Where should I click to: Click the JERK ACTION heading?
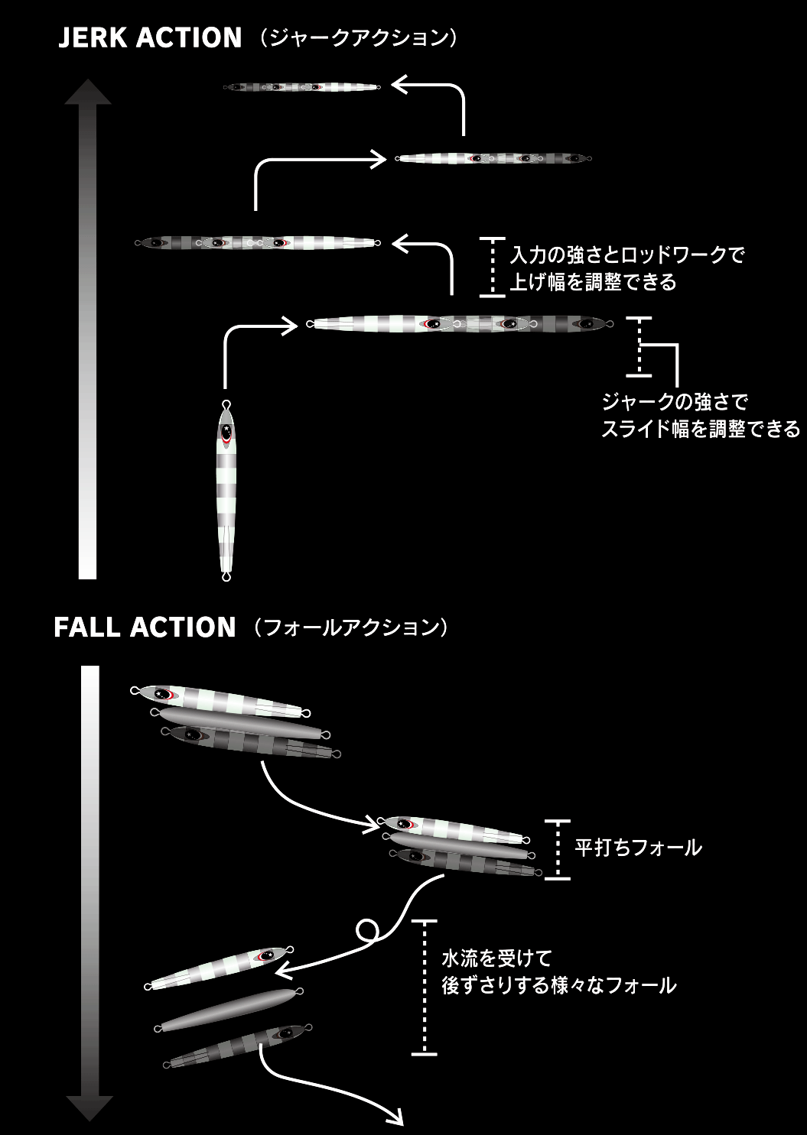[150, 38]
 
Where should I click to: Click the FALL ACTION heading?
[145, 627]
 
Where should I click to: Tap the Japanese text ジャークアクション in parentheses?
[358, 38]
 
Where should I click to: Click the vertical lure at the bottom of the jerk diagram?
[226, 489]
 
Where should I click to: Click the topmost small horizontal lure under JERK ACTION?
[302, 86]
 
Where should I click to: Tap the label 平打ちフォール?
[638, 848]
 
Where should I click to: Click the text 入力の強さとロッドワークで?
[627, 255]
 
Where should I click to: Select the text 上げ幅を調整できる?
[594, 282]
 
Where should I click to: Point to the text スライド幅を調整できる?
[700, 429]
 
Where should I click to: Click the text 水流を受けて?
[496, 958]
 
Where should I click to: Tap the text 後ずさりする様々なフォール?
[559, 985]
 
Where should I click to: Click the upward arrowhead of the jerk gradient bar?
[88, 91]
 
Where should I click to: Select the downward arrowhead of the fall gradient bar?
[89, 1107]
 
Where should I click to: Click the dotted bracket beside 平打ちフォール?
[558, 849]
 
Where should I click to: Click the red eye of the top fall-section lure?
[163, 694]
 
